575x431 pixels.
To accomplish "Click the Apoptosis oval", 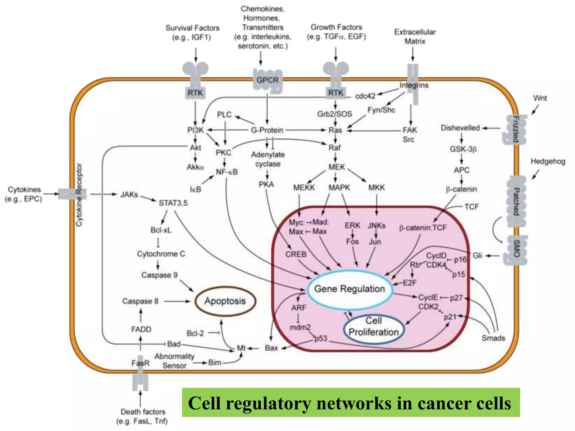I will (225, 301).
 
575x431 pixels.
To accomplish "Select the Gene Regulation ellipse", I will (349, 289).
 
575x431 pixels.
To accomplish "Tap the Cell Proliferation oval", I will (374, 327).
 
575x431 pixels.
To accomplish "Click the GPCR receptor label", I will (267, 80).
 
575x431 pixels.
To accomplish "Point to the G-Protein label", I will (267, 130).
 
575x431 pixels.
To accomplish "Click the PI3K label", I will (195, 130).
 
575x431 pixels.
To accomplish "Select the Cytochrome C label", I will (161, 254).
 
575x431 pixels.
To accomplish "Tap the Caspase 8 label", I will (140, 301).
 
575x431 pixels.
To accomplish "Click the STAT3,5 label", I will (173, 203).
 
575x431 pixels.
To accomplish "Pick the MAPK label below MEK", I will (339, 187).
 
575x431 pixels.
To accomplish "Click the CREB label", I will (296, 255).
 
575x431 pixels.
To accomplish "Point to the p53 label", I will (321, 338).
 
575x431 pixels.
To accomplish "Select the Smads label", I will (493, 338).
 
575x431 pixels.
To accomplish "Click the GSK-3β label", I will (463, 149).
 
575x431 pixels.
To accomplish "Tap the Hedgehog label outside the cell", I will (547, 162).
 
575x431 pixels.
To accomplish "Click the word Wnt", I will (540, 98).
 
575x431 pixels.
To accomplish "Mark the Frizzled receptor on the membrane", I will (515, 129).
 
